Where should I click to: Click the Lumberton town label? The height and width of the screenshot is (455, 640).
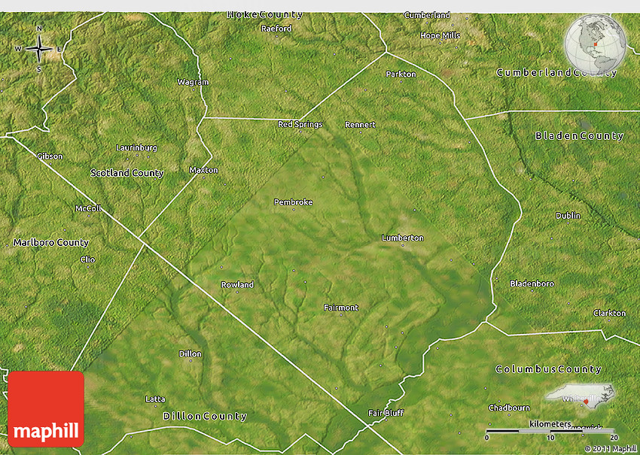pos(402,238)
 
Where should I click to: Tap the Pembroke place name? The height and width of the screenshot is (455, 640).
pos(293,202)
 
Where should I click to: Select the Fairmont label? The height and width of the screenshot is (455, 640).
pos(340,308)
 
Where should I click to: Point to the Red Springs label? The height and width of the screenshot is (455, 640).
pos(300,125)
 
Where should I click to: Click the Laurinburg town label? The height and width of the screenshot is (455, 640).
pos(136,147)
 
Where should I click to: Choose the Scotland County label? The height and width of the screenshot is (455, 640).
pos(126,173)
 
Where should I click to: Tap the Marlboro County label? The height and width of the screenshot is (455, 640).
pos(50,243)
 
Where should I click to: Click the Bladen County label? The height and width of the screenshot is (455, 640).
pos(579,136)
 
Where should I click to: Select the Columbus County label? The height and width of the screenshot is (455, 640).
pos(548,369)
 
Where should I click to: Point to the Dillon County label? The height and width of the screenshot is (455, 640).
pos(205,416)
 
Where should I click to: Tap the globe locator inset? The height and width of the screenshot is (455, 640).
pos(595,43)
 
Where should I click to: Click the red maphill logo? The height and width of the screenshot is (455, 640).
pos(46,409)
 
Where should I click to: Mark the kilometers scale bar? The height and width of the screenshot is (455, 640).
pos(550,431)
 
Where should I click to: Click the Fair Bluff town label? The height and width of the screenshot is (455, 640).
pos(386,413)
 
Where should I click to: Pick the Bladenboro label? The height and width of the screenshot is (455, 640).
pos(532,284)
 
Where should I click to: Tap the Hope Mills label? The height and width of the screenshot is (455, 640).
pos(440,35)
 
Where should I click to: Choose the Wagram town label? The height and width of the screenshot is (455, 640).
pos(192,82)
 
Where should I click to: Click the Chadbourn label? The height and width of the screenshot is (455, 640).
pos(508,408)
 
